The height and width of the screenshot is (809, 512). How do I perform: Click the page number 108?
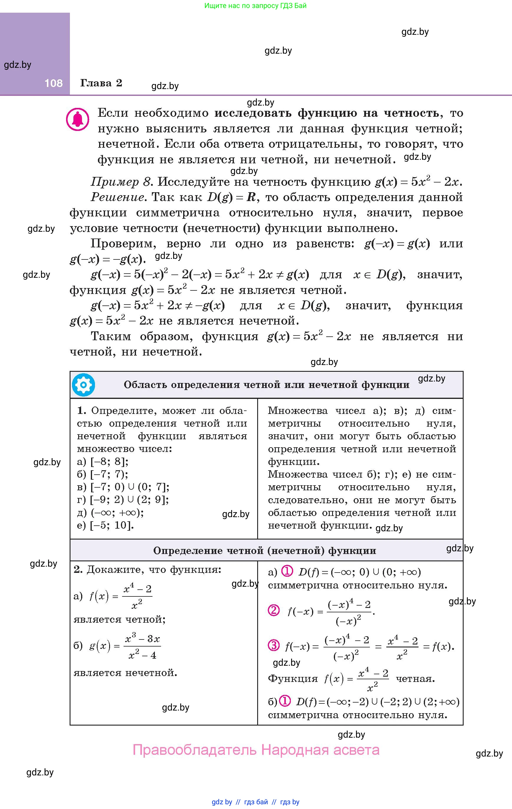53,83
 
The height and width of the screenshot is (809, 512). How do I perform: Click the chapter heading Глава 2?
101,83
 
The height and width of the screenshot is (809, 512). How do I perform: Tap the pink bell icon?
78,119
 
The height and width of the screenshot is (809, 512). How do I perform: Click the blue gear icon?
83,385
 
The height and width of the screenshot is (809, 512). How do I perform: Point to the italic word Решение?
118,197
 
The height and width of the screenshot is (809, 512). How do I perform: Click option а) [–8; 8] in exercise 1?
103,462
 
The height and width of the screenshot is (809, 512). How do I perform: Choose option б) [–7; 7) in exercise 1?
103,474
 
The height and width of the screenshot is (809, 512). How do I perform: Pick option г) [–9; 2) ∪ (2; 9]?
123,500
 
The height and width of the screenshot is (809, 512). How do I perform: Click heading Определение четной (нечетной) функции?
265,551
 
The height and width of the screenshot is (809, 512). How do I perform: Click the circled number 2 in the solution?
274,610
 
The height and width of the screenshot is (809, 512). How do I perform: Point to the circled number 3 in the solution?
274,645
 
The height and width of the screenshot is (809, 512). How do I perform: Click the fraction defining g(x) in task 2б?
142,647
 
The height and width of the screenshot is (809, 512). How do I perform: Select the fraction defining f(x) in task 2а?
137,597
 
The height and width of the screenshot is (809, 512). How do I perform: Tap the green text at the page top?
255,6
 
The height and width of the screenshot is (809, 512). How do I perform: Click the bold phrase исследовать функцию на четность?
326,113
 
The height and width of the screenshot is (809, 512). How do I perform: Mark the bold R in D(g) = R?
251,197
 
